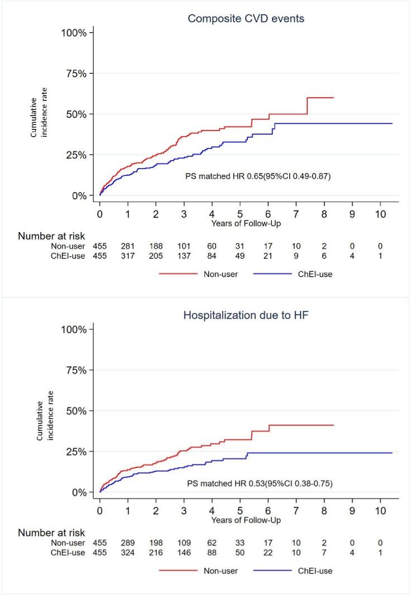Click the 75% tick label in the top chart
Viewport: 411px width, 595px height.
[x=74, y=74]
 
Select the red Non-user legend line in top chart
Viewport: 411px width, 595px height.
[x=178, y=274]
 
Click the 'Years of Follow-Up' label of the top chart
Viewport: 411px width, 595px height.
[x=246, y=223]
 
